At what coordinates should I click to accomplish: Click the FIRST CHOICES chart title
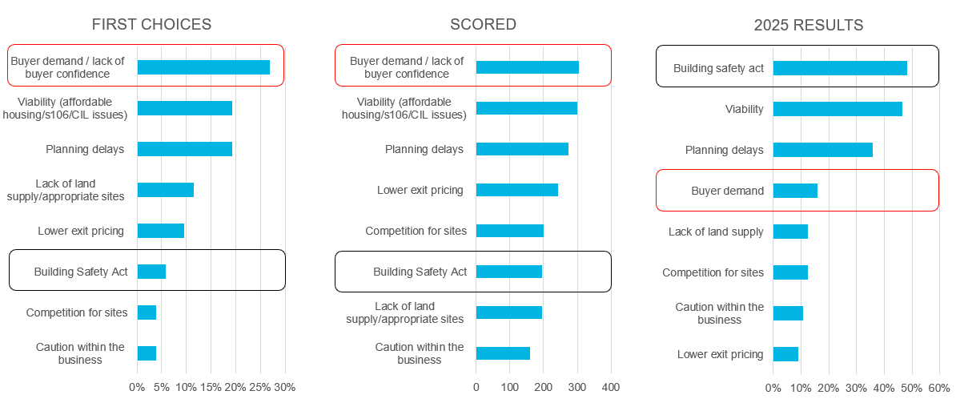[x=151, y=24]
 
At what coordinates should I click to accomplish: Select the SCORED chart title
[x=483, y=24]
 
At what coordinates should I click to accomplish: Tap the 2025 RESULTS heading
[x=809, y=25]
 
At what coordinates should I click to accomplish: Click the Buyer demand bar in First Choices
[x=203, y=67]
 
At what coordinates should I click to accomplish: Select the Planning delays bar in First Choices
[x=185, y=149]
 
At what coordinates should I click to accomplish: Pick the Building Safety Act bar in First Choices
[x=151, y=272]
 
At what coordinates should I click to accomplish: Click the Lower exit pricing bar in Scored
[x=517, y=190]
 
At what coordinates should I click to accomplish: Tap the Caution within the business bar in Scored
[x=503, y=353]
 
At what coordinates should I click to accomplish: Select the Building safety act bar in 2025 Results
[x=840, y=68]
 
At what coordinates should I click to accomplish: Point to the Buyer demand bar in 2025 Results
[x=795, y=191]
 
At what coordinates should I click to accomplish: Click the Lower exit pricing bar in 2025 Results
[x=785, y=354]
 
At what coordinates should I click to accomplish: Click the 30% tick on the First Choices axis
[x=285, y=388]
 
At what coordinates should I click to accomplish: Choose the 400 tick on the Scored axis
[x=611, y=388]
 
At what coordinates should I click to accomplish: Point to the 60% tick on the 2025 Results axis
[x=938, y=388]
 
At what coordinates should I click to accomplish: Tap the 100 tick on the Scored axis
[x=510, y=388]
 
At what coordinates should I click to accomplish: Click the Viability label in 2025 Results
[x=744, y=109]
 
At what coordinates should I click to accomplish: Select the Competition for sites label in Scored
[x=416, y=231]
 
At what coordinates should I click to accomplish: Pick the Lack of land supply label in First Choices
[x=80, y=190]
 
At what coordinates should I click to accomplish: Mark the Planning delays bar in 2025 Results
[x=822, y=150]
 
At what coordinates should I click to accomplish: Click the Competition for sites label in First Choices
[x=77, y=312]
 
